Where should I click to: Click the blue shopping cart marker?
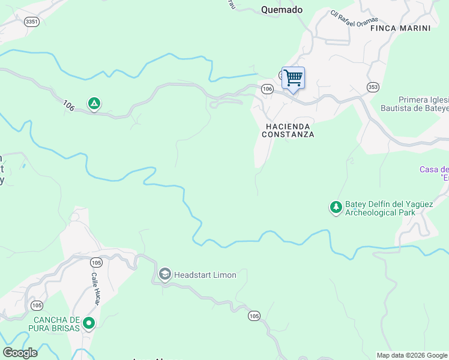point(293,78)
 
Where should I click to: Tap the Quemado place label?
point(282,10)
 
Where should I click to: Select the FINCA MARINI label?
point(400,28)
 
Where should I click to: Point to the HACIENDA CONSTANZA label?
point(288,130)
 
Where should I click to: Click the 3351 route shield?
point(32,22)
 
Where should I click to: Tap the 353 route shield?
point(373,86)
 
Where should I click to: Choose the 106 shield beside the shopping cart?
point(268,89)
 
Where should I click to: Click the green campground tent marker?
point(94,104)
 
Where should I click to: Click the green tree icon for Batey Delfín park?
point(336,208)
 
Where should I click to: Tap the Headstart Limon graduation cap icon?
point(164,275)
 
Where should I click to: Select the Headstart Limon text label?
point(205,275)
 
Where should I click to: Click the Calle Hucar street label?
point(94,289)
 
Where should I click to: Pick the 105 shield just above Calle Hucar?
point(96,262)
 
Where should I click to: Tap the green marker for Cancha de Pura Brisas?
point(89,323)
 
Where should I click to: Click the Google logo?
point(20,352)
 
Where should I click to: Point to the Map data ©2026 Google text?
point(412,355)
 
